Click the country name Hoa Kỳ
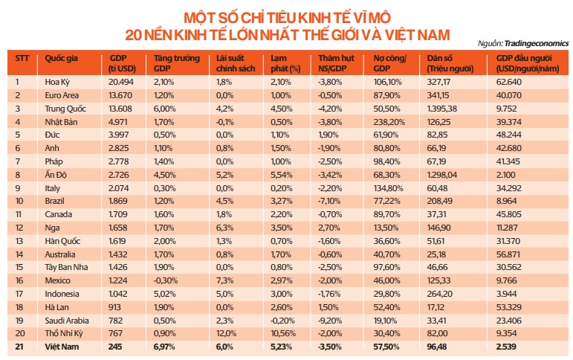point(57,82)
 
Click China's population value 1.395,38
point(444,109)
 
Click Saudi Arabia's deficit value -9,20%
point(331,321)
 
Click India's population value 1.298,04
point(444,175)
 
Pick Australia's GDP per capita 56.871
point(508,254)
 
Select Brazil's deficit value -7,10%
point(331,202)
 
